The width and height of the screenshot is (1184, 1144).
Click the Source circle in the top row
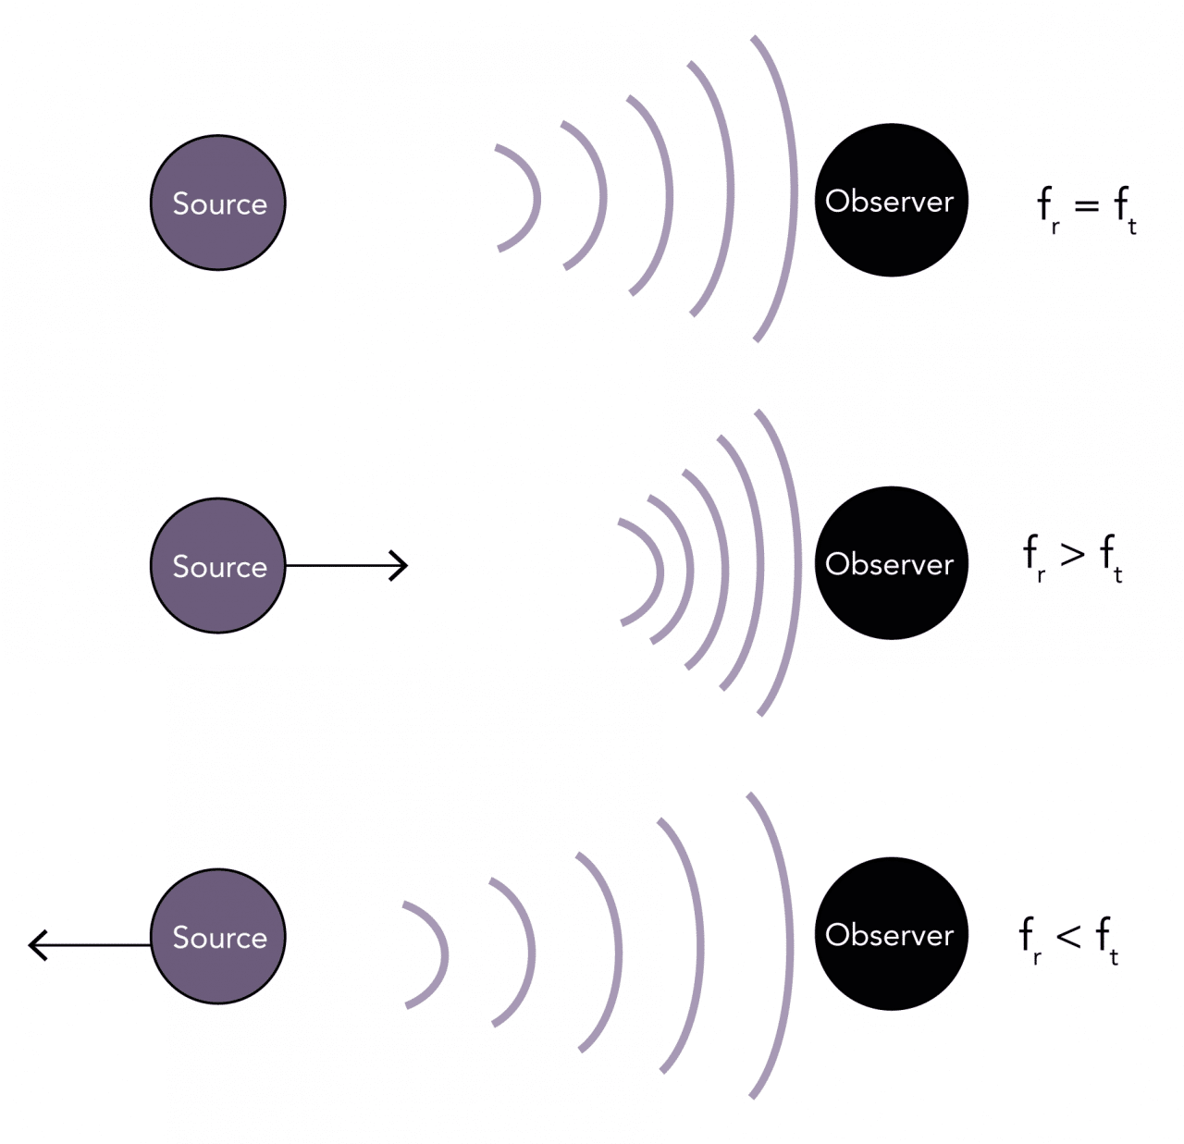pyautogui.click(x=218, y=203)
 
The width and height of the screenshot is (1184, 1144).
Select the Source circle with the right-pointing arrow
pyautogui.click(x=218, y=565)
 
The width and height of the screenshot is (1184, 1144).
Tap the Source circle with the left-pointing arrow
pyautogui.click(x=218, y=936)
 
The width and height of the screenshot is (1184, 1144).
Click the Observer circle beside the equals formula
pyautogui.click(x=891, y=200)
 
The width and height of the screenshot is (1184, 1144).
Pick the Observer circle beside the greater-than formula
pyautogui.click(x=891, y=562)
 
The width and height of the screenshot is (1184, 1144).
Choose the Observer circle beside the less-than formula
pyautogui.click(x=891, y=933)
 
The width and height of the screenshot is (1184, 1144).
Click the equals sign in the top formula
pyautogui.click(x=1087, y=205)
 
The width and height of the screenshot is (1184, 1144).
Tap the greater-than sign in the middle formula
pyautogui.click(x=1072, y=553)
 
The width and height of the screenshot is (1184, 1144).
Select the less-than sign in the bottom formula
pyautogui.click(x=1068, y=936)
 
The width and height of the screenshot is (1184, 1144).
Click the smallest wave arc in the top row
pyautogui.click(x=534, y=197)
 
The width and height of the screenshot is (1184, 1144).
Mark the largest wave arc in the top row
pyautogui.click(x=792, y=190)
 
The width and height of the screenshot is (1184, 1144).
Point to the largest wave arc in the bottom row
pyautogui.click(x=787, y=945)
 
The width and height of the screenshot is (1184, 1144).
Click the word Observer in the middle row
pyautogui.click(x=889, y=563)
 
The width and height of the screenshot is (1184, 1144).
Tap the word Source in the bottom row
pyautogui.click(x=219, y=937)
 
